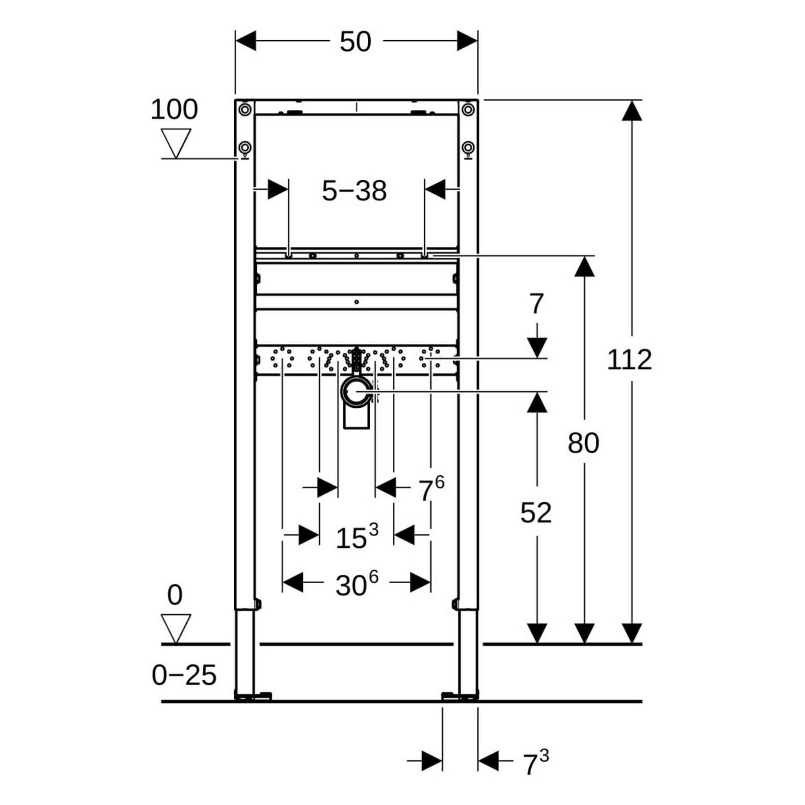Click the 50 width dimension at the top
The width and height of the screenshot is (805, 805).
355,42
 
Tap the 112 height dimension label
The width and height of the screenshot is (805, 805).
629,360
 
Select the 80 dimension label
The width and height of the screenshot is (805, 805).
583,443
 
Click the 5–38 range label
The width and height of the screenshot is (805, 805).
354,191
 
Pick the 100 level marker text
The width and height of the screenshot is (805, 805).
174,109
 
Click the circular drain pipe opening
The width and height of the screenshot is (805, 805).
356,392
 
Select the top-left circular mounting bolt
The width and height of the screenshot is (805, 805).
245,109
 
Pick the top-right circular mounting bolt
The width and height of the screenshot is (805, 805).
468,109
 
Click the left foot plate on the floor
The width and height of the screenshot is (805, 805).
253,696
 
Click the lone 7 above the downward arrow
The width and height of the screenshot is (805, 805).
536,304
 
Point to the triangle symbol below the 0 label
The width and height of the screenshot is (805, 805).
176,628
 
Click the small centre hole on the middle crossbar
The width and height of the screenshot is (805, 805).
356,301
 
